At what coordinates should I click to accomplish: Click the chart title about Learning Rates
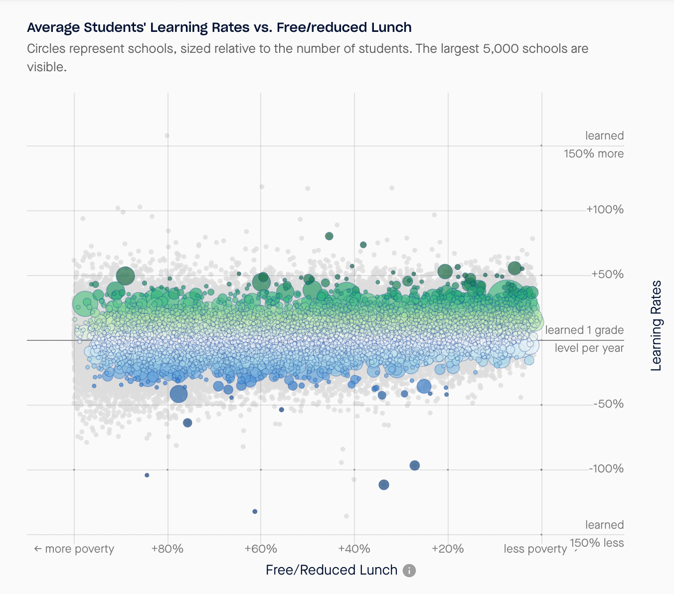(x=219, y=27)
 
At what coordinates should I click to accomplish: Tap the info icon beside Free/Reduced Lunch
(x=409, y=571)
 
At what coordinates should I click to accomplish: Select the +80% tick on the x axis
(x=167, y=549)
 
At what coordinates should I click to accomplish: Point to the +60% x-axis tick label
(x=261, y=549)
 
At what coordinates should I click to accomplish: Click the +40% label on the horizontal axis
(x=354, y=549)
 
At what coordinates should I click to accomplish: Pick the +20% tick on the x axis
(x=448, y=549)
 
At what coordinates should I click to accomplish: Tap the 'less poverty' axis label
(x=535, y=549)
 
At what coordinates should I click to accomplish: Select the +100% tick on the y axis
(x=605, y=210)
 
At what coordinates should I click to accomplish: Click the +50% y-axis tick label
(x=607, y=275)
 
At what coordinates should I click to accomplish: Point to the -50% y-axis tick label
(x=608, y=404)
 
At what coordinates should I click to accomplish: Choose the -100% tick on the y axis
(x=606, y=469)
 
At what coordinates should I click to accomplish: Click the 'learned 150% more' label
(x=594, y=145)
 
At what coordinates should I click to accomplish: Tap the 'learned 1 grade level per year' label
(x=584, y=339)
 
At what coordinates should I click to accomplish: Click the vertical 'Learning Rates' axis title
(x=657, y=325)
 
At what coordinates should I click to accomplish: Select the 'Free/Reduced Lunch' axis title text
(x=332, y=570)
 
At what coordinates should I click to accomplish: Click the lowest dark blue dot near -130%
(x=255, y=511)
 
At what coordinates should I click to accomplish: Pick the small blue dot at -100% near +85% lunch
(x=147, y=475)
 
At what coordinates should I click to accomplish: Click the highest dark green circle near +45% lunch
(x=329, y=236)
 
